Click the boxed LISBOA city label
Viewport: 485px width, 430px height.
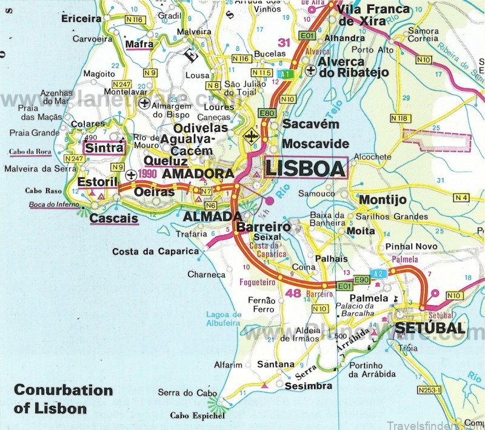pyautogui.click(x=304, y=167)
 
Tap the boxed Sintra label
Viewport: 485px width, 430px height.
pyautogui.click(x=101, y=148)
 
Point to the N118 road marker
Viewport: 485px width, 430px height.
pyautogui.click(x=400, y=118)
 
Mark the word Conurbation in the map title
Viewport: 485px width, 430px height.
pyautogui.click(x=63, y=390)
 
